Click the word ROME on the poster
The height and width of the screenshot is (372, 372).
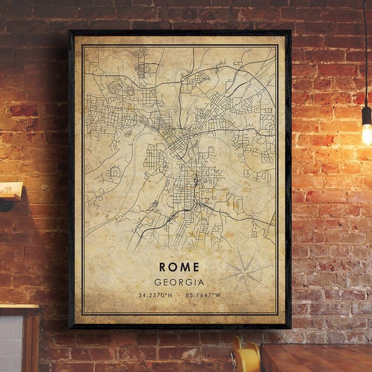point(179,267)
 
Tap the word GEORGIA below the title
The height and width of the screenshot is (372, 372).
point(179,282)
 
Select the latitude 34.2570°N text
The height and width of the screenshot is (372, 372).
point(156,295)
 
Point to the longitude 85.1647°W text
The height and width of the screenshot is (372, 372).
point(203,295)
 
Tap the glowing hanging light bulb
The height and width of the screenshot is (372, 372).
point(366,134)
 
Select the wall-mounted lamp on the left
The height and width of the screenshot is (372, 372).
point(9,192)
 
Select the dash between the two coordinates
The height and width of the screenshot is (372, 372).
point(179,295)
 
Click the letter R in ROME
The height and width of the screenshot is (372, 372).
point(162,267)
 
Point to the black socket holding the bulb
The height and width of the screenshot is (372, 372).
point(366,115)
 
